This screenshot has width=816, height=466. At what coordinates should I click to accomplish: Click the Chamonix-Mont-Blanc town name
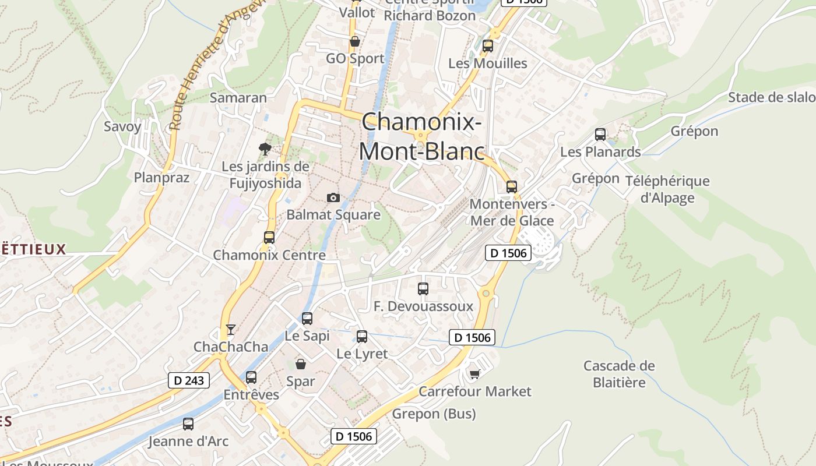click(421, 137)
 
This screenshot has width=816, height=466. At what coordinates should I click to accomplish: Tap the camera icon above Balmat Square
click(333, 197)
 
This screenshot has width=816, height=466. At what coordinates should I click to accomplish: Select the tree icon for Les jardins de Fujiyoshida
click(265, 148)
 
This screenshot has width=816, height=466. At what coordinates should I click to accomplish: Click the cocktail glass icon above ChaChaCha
click(231, 330)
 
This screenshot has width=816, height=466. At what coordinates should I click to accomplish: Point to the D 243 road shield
click(189, 380)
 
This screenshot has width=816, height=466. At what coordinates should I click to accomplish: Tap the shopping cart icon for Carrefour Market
click(475, 373)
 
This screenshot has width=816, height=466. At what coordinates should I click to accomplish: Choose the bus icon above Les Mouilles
click(487, 45)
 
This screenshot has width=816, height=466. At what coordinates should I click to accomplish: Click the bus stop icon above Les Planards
click(600, 135)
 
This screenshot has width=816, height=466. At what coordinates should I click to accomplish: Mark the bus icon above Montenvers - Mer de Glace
click(512, 186)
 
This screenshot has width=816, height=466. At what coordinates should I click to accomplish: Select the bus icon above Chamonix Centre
click(269, 237)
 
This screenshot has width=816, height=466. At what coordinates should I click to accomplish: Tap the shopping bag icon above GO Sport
click(354, 41)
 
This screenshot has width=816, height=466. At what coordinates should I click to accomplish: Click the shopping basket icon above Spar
click(301, 364)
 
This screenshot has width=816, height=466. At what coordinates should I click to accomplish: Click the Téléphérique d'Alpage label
click(667, 189)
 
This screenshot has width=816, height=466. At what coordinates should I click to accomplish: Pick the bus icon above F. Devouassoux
click(423, 288)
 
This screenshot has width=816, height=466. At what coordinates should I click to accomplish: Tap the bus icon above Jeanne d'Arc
click(188, 424)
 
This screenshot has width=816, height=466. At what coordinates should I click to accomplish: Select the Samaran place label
click(238, 97)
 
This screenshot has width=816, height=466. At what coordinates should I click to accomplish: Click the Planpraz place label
click(162, 177)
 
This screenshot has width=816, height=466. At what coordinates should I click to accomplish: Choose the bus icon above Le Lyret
click(362, 336)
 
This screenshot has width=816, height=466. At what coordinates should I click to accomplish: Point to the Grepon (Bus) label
click(434, 414)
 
